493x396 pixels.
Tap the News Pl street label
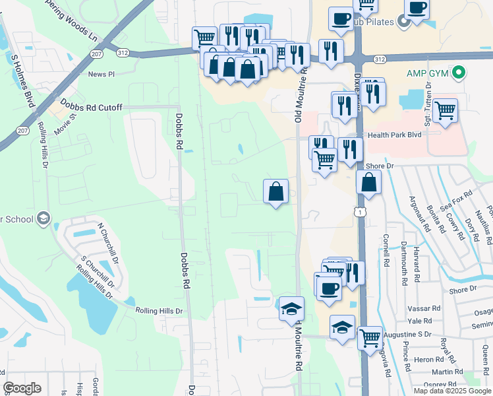(x=101, y=75)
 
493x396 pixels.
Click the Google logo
(x=22, y=388)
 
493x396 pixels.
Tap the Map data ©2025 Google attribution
(x=451, y=391)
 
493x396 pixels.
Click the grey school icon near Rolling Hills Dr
(x=44, y=218)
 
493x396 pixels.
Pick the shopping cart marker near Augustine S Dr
(x=370, y=337)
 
